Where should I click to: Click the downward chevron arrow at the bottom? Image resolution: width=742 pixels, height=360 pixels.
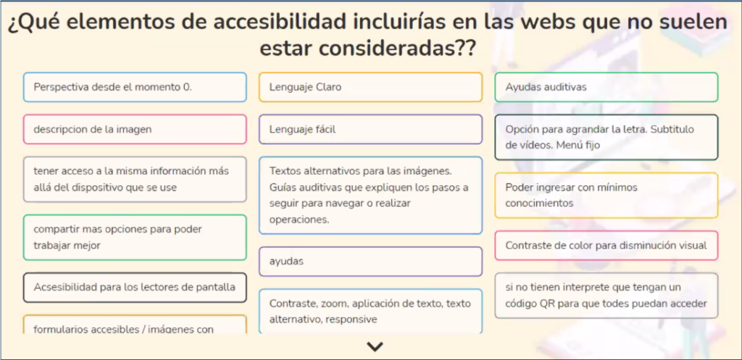pyautogui.click(x=375, y=347)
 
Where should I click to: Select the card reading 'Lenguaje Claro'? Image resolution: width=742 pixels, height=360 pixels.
pyautogui.click(x=370, y=87)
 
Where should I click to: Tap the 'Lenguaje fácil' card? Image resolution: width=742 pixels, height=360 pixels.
pyautogui.click(x=370, y=129)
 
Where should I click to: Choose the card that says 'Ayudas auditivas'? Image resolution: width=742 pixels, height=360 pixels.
pyautogui.click(x=606, y=87)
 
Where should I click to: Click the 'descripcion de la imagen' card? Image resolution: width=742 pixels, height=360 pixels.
pyautogui.click(x=135, y=129)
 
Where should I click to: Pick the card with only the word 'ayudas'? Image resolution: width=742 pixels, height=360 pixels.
pyautogui.click(x=370, y=261)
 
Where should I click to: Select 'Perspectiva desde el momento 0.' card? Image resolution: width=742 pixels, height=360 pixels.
pyautogui.click(x=135, y=87)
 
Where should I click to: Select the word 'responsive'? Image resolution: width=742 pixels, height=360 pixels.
pyautogui.click(x=351, y=319)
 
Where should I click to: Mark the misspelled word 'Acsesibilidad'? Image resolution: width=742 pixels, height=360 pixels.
pyautogui.click(x=65, y=287)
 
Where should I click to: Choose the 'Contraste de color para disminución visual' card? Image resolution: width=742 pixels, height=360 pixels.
pyautogui.click(x=606, y=246)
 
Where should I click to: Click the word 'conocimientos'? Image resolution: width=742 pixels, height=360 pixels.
pyautogui.click(x=539, y=204)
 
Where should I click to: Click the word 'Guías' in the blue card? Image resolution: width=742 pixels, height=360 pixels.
pyautogui.click(x=282, y=188)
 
